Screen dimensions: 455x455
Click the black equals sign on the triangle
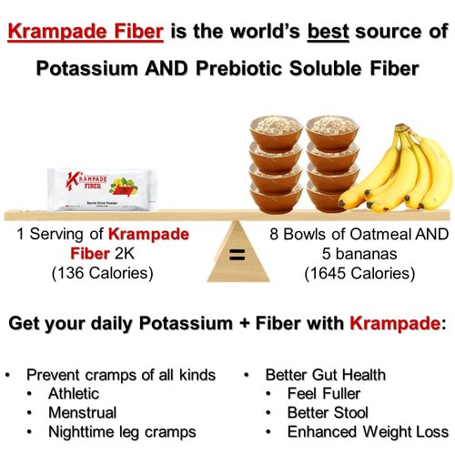coord(237,255)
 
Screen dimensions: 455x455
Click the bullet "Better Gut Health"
coord(326,374)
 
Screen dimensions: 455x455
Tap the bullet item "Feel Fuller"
coord(324,393)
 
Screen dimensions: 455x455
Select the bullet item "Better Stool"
coord(328,412)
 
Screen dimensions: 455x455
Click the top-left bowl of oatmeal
coord(277,127)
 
